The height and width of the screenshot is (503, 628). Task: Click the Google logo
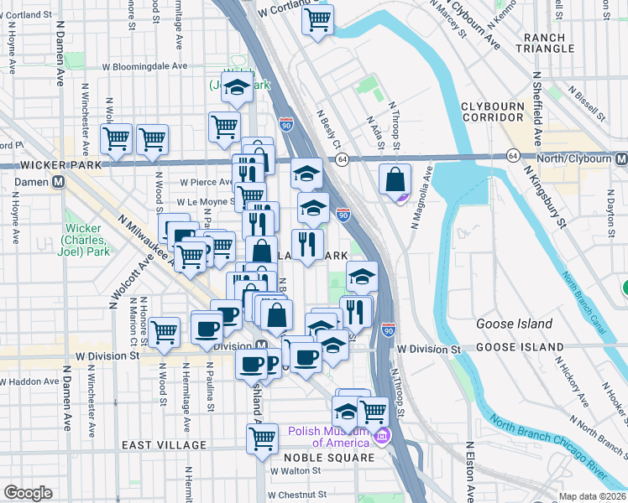pyautogui.click(x=28, y=493)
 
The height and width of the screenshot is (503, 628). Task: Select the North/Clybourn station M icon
pyautogui.click(x=620, y=157)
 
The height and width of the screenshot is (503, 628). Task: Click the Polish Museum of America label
pyautogui.click(x=329, y=437)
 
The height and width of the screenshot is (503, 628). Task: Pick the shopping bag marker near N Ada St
pyautogui.click(x=395, y=179)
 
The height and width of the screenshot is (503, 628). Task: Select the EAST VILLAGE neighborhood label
pyautogui.click(x=164, y=445)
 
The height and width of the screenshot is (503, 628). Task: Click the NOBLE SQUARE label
pyautogui.click(x=328, y=458)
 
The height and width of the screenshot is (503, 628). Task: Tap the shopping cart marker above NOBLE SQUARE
pyautogui.click(x=263, y=437)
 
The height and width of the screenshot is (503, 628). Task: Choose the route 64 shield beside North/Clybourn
pyautogui.click(x=512, y=156)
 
